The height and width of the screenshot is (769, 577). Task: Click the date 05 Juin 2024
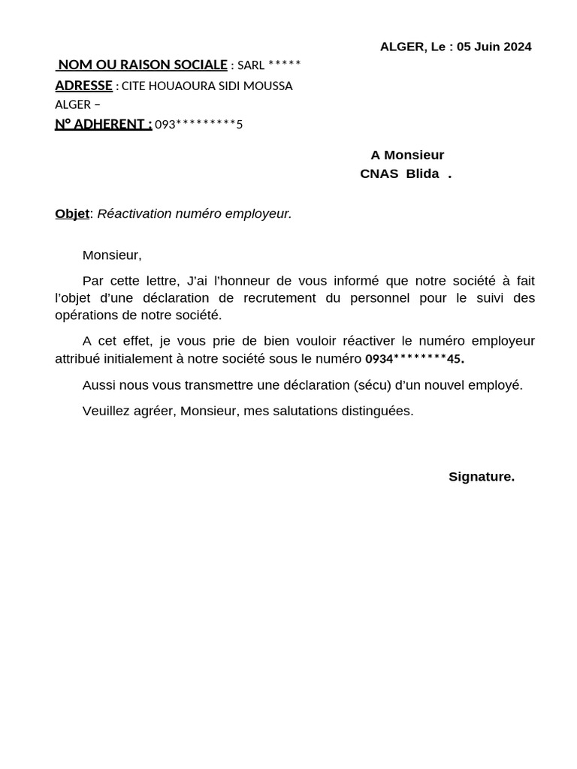494,47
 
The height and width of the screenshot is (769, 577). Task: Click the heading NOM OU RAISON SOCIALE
143,65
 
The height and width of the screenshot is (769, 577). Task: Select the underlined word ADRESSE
83,86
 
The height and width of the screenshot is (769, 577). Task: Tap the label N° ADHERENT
103,124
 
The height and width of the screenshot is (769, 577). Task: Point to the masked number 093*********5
198,125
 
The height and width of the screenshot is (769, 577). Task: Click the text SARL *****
269,65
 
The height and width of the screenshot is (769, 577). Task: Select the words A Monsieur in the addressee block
407,155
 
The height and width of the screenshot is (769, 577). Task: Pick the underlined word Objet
72,213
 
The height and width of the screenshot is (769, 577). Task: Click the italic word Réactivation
134,213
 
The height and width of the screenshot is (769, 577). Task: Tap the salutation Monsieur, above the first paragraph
112,255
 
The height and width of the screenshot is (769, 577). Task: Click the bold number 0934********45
414,359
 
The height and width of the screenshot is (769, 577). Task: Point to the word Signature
482,477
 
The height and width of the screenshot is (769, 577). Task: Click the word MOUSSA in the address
268,86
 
